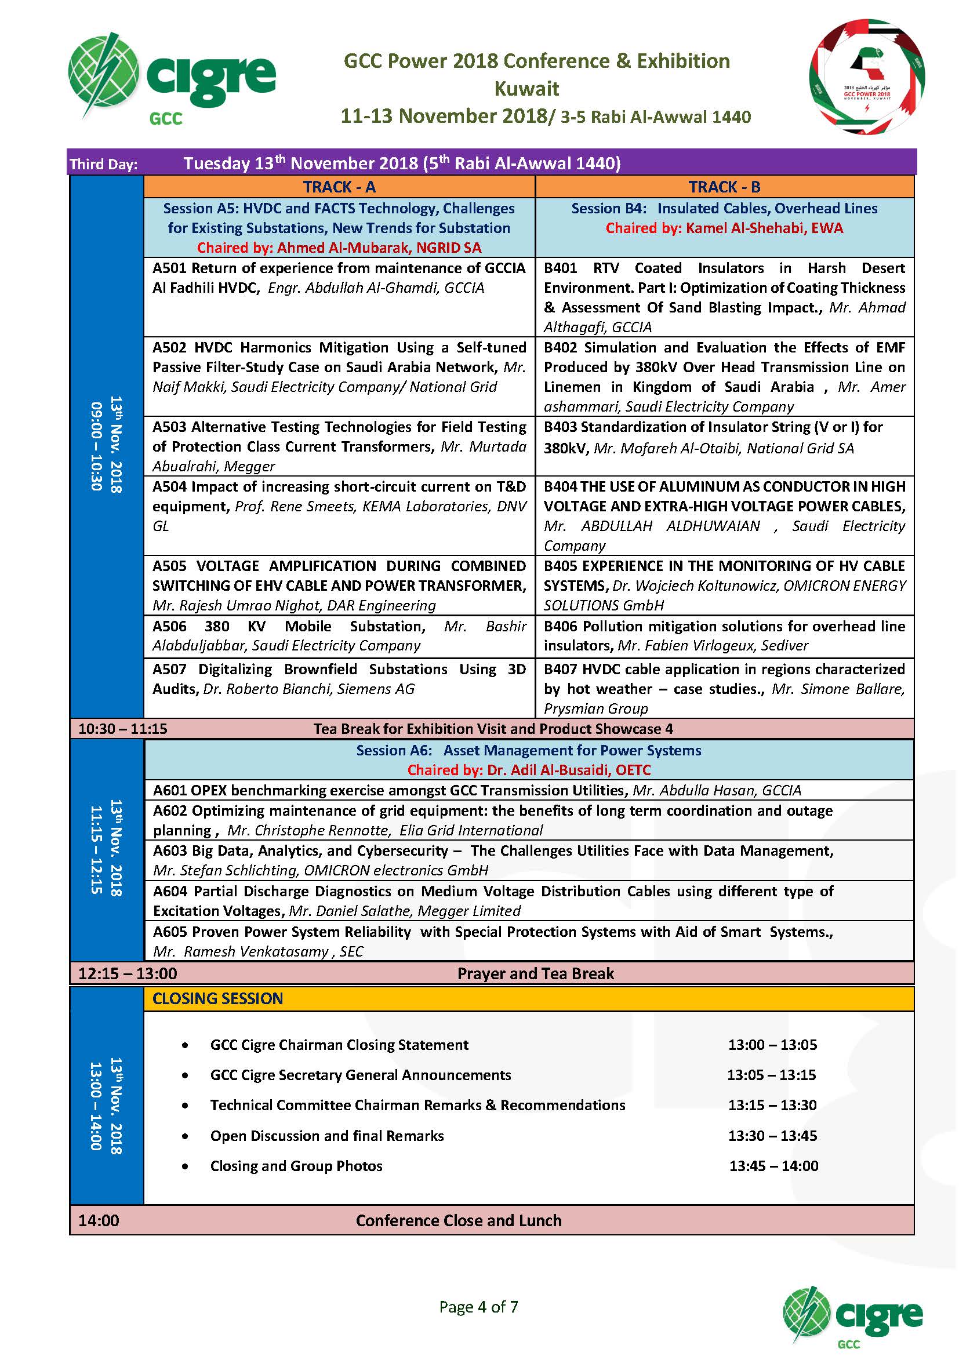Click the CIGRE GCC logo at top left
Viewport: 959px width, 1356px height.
pos(171,78)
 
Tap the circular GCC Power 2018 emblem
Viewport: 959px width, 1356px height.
pos(866,77)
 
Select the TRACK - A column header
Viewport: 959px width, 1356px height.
pos(339,187)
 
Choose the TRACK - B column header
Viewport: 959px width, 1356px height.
pos(724,187)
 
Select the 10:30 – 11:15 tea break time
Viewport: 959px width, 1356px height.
pos(123,729)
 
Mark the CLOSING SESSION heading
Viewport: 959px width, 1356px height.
pos(217,999)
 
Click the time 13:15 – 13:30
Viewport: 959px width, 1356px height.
pos(772,1105)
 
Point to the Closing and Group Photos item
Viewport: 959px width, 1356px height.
pos(296,1166)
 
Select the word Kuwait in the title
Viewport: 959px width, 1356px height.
pos(526,89)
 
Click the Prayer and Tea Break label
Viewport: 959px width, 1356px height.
pos(535,973)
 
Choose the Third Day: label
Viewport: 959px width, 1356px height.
pos(103,163)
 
